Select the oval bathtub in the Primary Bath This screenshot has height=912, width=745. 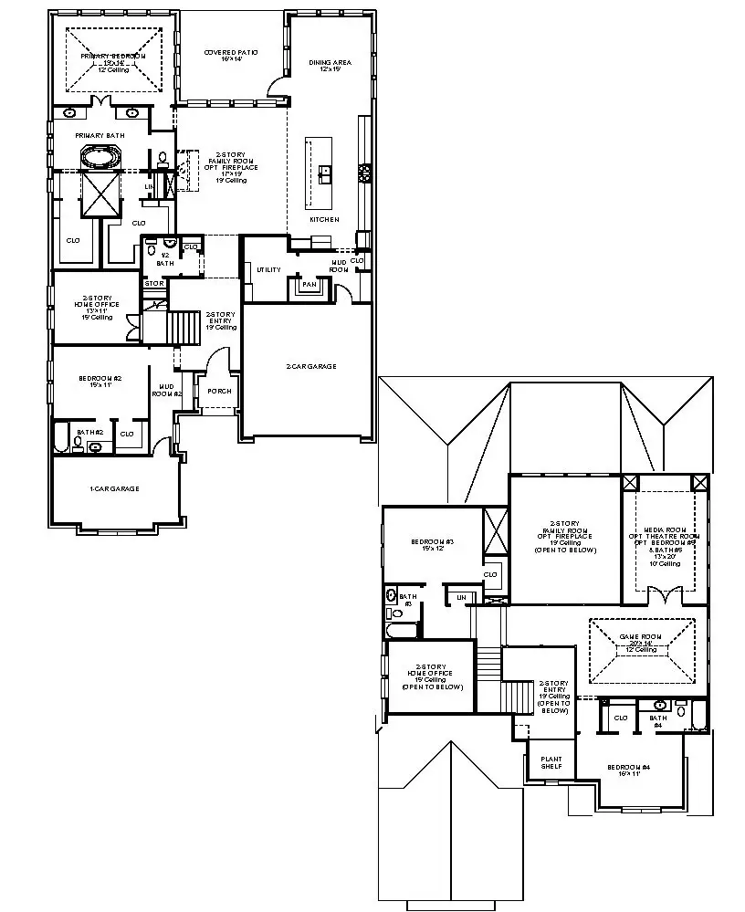[100, 157]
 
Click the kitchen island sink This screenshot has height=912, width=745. [325, 172]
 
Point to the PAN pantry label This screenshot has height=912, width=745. [309, 285]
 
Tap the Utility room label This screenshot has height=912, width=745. [268, 270]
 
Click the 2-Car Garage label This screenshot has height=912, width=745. [310, 366]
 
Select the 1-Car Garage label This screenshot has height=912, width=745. [114, 489]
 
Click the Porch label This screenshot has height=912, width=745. [219, 391]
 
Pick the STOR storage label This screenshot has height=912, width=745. [153, 284]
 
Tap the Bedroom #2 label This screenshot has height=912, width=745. [101, 382]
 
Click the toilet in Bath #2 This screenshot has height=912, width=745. [79, 445]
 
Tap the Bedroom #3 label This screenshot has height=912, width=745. [431, 545]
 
